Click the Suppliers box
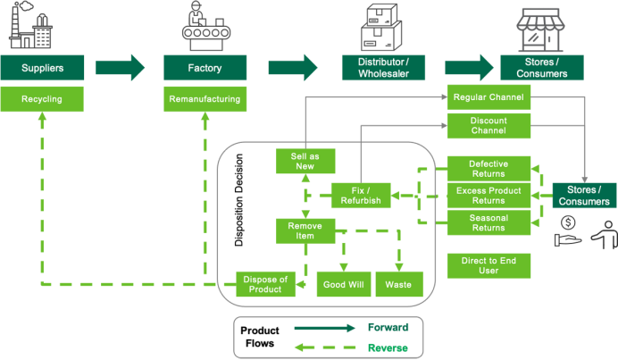tap(43, 66)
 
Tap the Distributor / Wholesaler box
tap(376, 66)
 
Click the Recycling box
tap(43, 99)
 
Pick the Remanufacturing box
tap(205, 99)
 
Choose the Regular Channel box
tap(488, 96)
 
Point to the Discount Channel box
tap(488, 125)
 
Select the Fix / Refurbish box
tap(361, 195)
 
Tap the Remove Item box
tap(305, 230)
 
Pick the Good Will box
tap(343, 283)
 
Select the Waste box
tap(398, 283)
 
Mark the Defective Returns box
tap(488, 169)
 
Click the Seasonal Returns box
tap(488, 222)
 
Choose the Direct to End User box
tap(488, 264)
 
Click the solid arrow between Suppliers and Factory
tap(121, 66)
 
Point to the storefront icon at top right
tap(541, 27)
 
